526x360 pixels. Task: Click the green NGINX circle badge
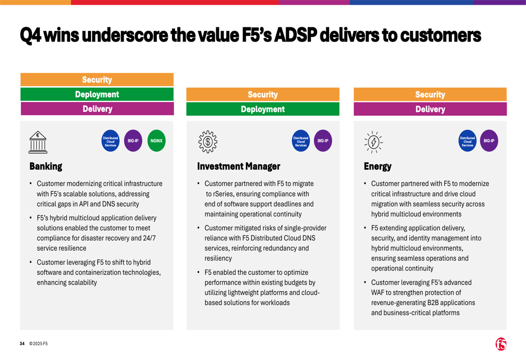(156, 141)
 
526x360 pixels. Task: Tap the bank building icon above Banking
(37, 141)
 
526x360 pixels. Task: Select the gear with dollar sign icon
(208, 141)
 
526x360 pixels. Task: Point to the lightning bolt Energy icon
(373, 141)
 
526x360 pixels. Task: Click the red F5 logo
(501, 344)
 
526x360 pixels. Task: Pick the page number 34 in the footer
(22, 344)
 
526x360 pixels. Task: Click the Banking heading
(46, 167)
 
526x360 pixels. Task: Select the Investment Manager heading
(238, 167)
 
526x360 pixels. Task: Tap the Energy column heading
(378, 167)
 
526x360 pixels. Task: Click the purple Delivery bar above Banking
(97, 109)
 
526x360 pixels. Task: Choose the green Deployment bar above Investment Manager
(262, 109)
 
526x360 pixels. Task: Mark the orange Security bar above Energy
(430, 95)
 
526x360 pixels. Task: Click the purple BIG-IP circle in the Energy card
(489, 141)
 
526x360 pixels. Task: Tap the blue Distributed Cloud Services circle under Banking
(110, 141)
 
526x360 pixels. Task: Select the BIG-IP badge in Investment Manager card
(322, 141)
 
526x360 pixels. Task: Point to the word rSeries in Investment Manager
(224, 194)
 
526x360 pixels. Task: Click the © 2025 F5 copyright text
(38, 344)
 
